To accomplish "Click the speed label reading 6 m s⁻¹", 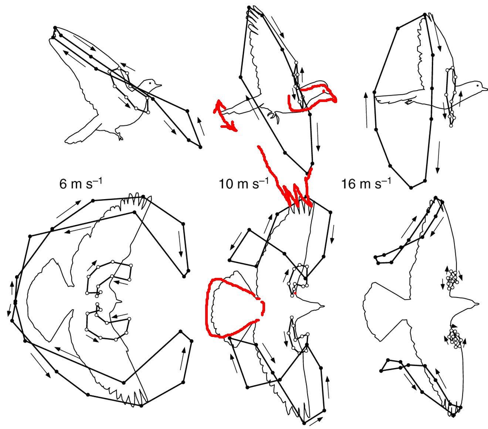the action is pos(81,183).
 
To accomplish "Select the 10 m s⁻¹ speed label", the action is pos(244,183).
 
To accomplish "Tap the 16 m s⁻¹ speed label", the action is pos(366,183).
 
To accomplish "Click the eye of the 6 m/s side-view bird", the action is pos(150,83).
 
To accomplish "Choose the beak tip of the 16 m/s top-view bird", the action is pos(479,304).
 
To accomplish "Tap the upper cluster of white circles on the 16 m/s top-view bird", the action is pos(452,280).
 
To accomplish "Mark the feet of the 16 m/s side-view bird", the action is pos(410,102).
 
